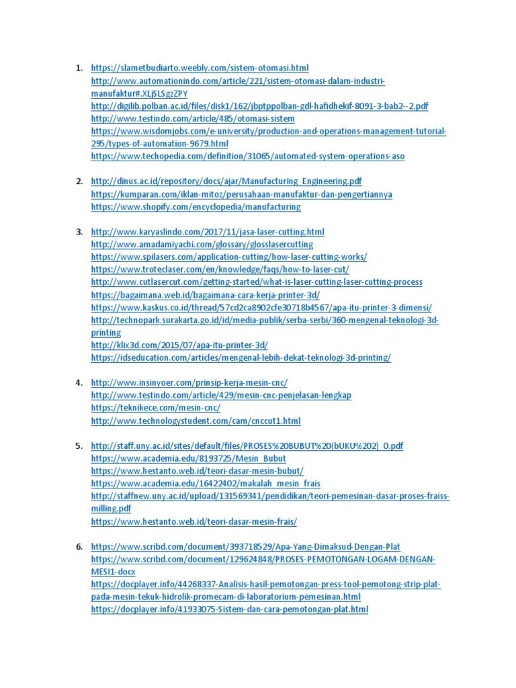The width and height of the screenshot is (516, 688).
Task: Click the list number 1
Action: click(x=78, y=68)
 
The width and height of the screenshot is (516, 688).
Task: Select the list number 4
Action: click(x=78, y=382)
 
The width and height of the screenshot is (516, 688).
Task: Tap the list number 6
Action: click(x=78, y=546)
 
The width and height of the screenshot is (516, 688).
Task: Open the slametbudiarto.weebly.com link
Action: click(x=199, y=68)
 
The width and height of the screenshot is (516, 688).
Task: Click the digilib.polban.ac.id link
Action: click(x=259, y=106)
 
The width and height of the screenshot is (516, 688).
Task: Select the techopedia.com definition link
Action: click(x=247, y=157)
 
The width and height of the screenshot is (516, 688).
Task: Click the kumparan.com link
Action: click(x=241, y=194)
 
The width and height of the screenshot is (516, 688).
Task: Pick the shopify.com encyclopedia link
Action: click(x=196, y=207)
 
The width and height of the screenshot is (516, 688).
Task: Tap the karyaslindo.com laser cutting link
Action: click(x=207, y=232)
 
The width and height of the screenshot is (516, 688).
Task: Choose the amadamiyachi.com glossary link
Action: click(x=202, y=245)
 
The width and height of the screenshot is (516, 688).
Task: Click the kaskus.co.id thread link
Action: click(x=261, y=307)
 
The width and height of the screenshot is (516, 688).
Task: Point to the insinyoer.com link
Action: click(x=189, y=382)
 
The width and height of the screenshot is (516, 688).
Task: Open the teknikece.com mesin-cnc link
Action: click(x=155, y=408)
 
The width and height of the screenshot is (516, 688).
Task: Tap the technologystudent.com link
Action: click(x=196, y=421)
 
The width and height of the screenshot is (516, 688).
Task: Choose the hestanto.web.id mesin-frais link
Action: click(x=193, y=521)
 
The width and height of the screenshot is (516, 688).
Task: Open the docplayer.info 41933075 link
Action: click(x=229, y=609)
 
